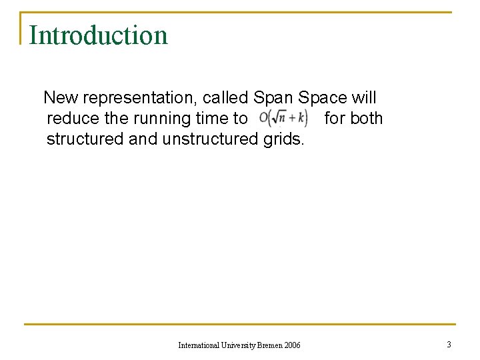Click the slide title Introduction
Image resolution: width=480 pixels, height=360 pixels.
tap(98, 35)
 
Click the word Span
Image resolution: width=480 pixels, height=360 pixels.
tap(273, 98)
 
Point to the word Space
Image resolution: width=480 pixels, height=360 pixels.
tap(323, 98)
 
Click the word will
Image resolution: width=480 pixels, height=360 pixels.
tap(364, 98)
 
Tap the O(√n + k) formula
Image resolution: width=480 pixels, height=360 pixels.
tap(283, 119)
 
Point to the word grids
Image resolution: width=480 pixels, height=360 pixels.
tap(282, 139)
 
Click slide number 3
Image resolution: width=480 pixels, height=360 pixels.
tap(449, 344)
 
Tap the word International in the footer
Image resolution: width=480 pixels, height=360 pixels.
tap(198, 345)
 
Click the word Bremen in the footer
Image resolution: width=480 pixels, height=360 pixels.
tap(268, 345)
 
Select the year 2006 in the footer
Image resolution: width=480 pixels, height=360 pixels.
tap(292, 345)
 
